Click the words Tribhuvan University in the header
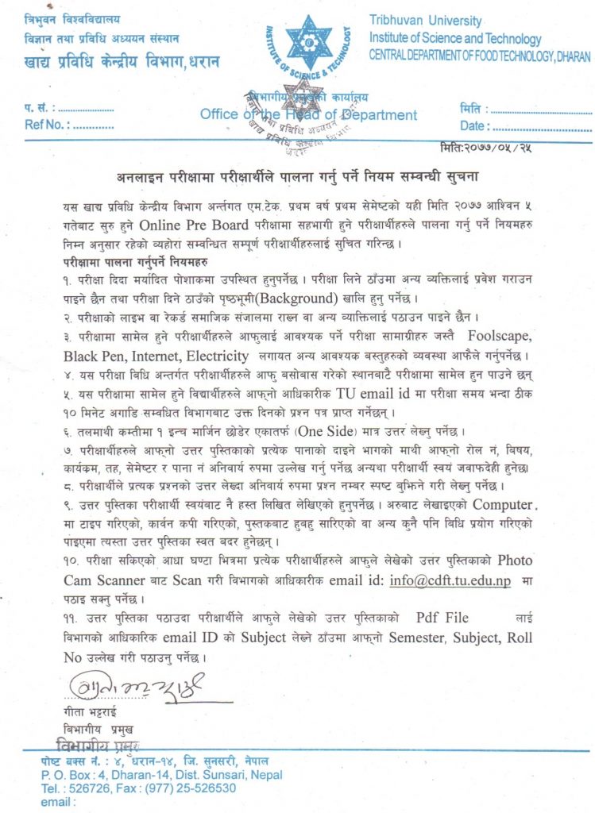click(x=426, y=21)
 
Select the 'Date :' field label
click(x=474, y=125)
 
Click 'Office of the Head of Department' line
click(x=309, y=114)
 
